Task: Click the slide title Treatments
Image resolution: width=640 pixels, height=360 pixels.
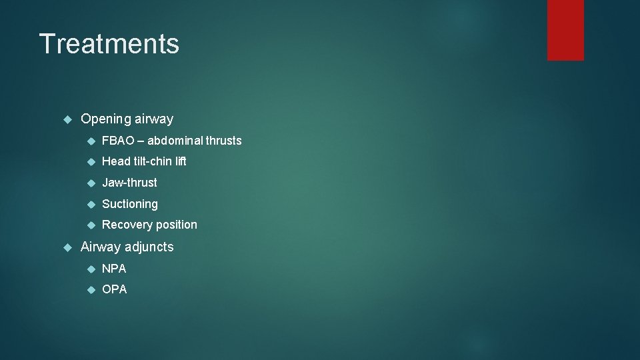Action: tap(109, 44)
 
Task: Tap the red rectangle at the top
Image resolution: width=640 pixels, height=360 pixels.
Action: tap(565, 29)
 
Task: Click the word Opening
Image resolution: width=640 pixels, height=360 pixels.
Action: tap(106, 119)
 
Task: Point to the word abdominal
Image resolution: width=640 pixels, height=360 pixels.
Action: tap(175, 141)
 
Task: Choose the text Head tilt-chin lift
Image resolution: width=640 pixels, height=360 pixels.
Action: tap(144, 161)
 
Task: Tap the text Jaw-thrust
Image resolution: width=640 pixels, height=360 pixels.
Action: tap(129, 183)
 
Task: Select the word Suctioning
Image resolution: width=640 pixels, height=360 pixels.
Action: tap(130, 204)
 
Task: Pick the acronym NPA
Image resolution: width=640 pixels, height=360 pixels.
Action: tap(114, 269)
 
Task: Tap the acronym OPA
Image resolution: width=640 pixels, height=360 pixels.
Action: tap(114, 290)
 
